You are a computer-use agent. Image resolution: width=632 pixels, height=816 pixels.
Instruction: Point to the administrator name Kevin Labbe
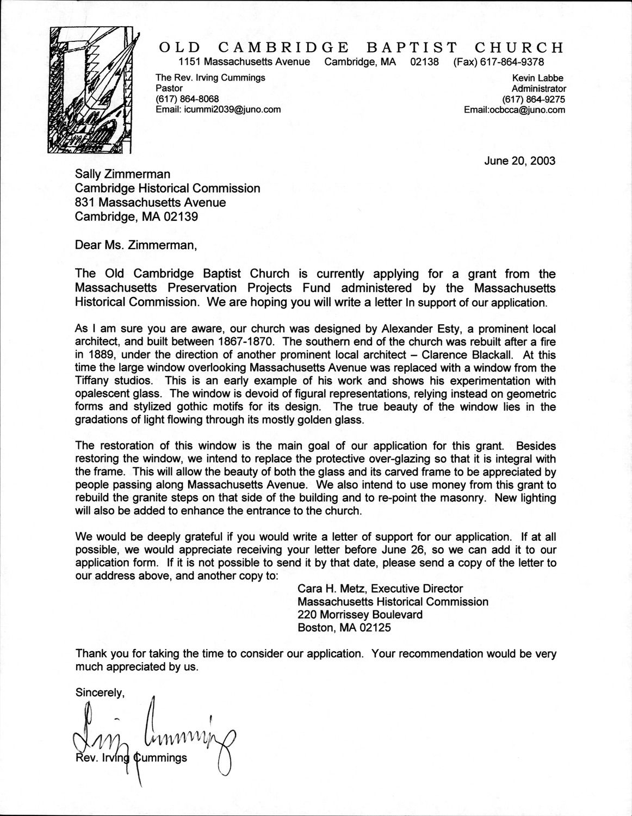coord(543,78)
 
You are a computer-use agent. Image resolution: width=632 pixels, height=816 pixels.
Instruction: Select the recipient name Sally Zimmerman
coord(123,174)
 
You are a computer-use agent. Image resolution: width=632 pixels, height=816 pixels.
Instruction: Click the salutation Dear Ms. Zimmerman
coord(135,245)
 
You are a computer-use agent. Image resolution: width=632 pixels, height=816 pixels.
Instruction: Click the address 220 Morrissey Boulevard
coord(360,615)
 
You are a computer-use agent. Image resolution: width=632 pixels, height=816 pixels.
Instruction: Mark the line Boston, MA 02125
coord(344,628)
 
